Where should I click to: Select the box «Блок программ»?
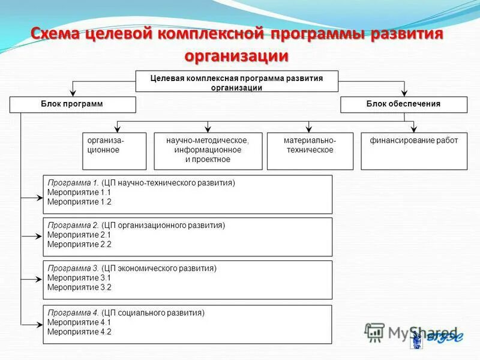[x=73, y=104]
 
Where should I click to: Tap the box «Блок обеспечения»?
[x=403, y=104]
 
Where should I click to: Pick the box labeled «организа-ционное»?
[x=114, y=151]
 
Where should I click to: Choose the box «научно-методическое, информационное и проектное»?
[x=208, y=151]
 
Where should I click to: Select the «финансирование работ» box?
[x=413, y=151]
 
